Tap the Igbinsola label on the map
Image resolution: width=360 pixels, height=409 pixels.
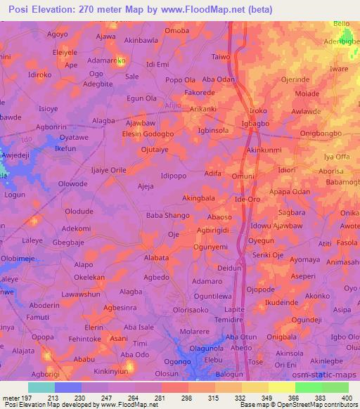tap(214, 131)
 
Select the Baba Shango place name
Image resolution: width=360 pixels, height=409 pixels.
tap(167, 215)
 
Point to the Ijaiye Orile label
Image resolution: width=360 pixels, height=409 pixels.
tap(109, 170)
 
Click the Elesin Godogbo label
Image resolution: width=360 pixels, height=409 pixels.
tap(148, 134)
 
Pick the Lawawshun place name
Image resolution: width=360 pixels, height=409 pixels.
tap(82, 294)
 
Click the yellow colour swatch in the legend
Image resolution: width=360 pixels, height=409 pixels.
tap(282, 387)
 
